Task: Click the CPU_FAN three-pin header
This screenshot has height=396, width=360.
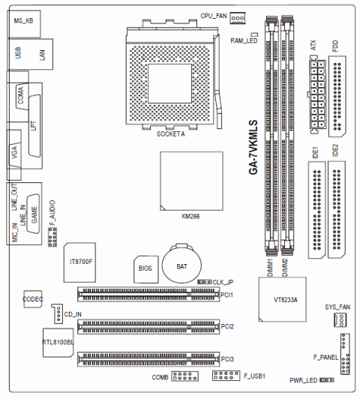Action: [238, 18]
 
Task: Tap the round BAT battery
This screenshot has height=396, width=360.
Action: [181, 265]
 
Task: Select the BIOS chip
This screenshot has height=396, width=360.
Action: [146, 269]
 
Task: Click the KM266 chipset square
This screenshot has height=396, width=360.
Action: [191, 181]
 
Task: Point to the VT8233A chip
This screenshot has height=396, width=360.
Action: [282, 299]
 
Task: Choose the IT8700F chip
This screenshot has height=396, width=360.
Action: [79, 262]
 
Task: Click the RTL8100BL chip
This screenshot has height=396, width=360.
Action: [58, 343]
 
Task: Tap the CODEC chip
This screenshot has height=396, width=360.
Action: [33, 299]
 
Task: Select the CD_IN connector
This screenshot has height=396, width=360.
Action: [58, 313]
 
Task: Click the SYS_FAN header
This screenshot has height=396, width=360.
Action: [340, 320]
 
